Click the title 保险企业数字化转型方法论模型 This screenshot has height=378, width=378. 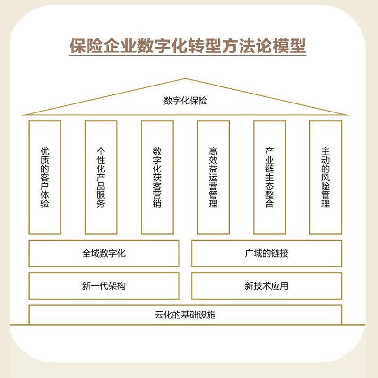click(188, 46)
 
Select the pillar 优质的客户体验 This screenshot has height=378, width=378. click(45, 178)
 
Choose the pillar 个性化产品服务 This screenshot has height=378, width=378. click(101, 178)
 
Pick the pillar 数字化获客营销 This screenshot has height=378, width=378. click(157, 178)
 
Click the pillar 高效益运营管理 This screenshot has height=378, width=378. click(213, 178)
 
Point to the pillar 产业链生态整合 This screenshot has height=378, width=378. click(269, 178)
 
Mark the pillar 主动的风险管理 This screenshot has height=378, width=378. click(326, 178)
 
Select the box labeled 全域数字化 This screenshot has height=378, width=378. click(104, 253)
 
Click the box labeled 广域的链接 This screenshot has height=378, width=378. click(266, 253)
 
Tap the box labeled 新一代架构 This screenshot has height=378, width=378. click(104, 286)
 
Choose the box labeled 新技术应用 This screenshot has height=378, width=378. click(266, 286)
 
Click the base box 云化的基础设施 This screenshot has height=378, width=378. click(185, 315)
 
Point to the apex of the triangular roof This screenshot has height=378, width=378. click(185, 79)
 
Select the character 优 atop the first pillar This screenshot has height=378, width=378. click(45, 152)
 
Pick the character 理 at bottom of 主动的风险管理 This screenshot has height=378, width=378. click(326, 204)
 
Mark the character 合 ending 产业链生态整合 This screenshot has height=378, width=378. click(269, 204)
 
